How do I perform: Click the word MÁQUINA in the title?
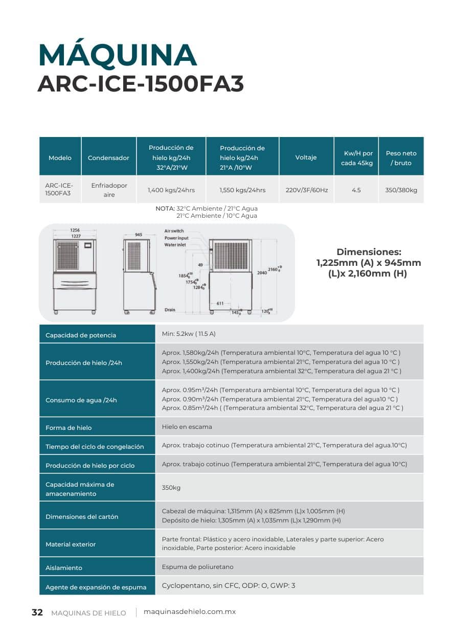(x=117, y=56)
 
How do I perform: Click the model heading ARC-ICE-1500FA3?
(x=141, y=84)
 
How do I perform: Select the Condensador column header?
(x=108, y=158)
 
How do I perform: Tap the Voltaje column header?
(x=306, y=158)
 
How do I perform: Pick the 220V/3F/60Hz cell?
(x=306, y=190)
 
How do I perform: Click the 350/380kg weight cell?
(x=401, y=190)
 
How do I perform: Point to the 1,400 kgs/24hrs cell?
(x=171, y=190)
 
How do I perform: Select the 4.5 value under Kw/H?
(x=356, y=190)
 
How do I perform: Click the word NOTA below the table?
(x=165, y=209)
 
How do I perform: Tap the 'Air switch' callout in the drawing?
(x=174, y=231)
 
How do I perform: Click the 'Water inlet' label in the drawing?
(x=175, y=245)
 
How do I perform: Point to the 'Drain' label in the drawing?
(x=170, y=310)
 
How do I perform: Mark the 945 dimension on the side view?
(x=139, y=235)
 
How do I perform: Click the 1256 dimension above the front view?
(x=75, y=231)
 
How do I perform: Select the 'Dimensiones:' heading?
(x=369, y=252)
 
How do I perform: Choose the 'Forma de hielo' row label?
(x=69, y=427)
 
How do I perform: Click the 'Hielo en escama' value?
(x=187, y=426)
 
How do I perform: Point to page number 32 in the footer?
(x=37, y=612)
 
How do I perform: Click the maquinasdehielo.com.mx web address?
(x=190, y=612)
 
